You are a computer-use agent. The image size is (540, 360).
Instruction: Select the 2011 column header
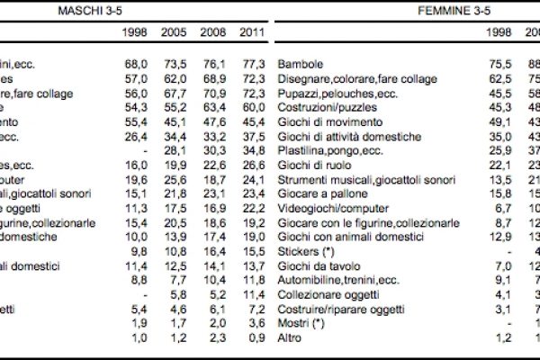click(x=253, y=32)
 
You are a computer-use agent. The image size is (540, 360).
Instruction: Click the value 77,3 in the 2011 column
click(x=253, y=66)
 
